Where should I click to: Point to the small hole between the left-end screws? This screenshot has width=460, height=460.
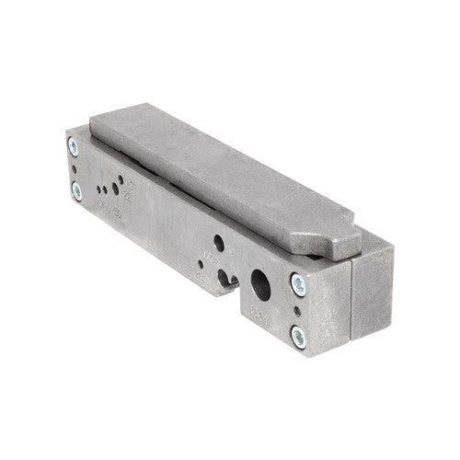pos(73,168)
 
